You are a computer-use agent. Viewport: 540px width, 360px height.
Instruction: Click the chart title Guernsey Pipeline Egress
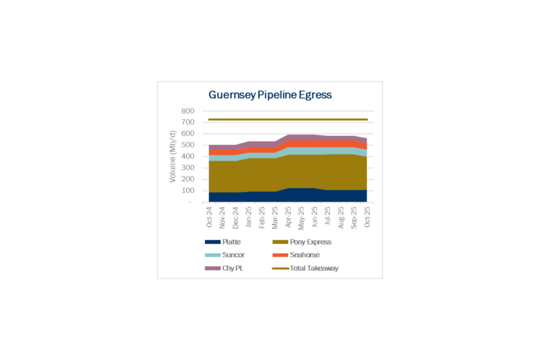[270, 95]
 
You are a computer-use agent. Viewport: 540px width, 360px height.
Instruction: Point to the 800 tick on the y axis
[188, 111]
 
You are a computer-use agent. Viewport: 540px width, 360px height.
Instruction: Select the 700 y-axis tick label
[188, 122]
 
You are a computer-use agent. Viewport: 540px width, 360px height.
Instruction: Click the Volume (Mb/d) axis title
[172, 157]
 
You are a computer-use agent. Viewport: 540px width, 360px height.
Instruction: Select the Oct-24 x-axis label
[209, 217]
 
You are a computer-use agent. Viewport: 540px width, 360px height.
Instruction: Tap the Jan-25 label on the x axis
[249, 217]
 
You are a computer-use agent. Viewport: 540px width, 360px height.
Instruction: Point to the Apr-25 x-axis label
[288, 217]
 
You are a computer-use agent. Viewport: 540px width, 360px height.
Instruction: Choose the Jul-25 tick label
[328, 217]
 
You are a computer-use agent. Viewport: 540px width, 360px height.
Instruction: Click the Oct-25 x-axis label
[368, 217]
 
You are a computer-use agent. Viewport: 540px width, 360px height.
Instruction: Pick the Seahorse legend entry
[304, 255]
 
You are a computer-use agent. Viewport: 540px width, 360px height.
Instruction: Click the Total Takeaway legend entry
[314, 268]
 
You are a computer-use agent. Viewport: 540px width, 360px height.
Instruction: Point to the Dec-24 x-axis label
[236, 217]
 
